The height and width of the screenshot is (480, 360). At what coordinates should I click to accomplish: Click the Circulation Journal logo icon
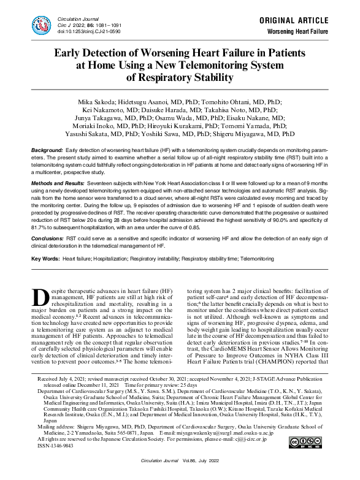pos(42,24)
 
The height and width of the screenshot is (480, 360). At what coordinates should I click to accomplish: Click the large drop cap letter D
pos(40,299)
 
